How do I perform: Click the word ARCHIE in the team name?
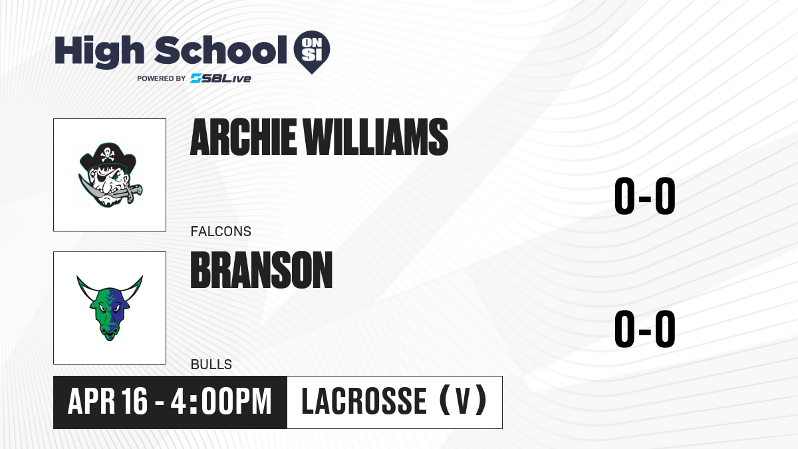[x=243, y=137]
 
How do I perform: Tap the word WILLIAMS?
[x=376, y=137]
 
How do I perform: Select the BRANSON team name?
[x=261, y=270]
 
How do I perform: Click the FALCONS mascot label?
[x=221, y=231]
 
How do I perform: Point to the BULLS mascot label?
[x=211, y=365]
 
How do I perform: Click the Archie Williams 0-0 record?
[x=645, y=196]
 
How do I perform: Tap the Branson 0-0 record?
[x=645, y=329]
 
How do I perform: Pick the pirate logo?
[x=110, y=175]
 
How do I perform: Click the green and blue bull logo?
[x=110, y=308]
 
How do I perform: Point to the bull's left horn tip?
[x=77, y=276]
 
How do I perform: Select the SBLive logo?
[x=221, y=78]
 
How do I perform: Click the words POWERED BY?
[x=162, y=78]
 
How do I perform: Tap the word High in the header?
[x=99, y=51]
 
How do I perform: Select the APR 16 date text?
[x=107, y=402]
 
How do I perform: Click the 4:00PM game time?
[x=221, y=402]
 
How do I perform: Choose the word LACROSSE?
[x=364, y=402]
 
